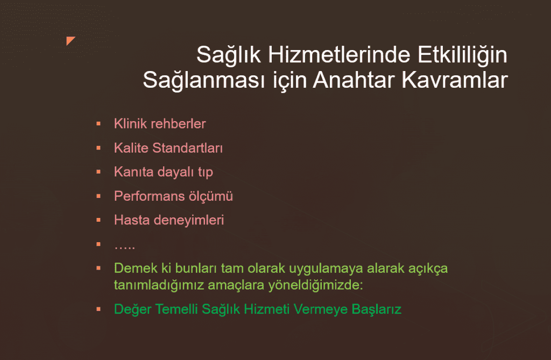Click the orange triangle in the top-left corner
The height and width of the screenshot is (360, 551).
pyautogui.click(x=69, y=40)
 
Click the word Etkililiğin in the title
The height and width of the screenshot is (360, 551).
pyautogui.click(x=462, y=55)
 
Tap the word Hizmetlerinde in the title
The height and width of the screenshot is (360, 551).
pyautogui.click(x=339, y=55)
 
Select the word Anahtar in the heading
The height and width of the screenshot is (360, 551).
pyautogui.click(x=354, y=80)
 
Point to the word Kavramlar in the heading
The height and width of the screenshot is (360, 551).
pyautogui.click(x=455, y=80)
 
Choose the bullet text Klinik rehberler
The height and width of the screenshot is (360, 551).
pyautogui.click(x=160, y=124)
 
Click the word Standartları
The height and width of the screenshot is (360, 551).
pyautogui.click(x=188, y=148)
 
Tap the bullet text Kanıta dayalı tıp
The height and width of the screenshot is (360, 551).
pyautogui.click(x=164, y=172)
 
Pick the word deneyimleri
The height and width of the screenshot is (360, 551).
pyautogui.click(x=189, y=221)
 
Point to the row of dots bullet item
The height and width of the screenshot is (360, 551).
pyautogui.click(x=124, y=247)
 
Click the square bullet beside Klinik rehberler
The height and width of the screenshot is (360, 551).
pyautogui.click(x=98, y=124)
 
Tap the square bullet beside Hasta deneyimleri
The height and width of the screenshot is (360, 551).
pyautogui.click(x=98, y=220)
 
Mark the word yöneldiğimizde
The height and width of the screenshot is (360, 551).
pyautogui.click(x=315, y=285)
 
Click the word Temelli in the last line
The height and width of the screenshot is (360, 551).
pyautogui.click(x=176, y=309)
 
